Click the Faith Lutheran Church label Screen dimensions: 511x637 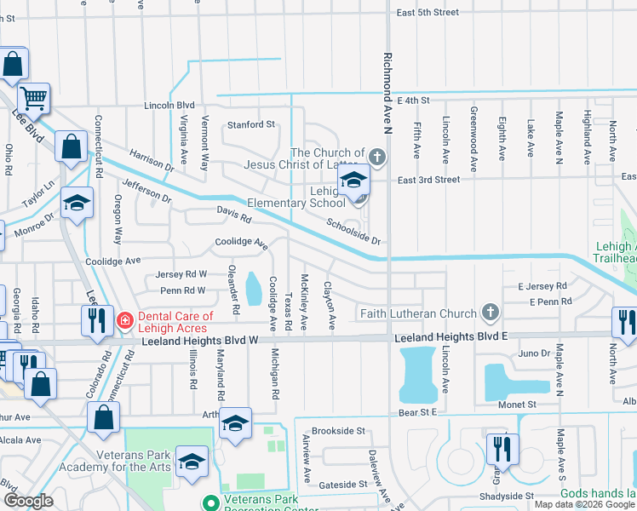coord(417,313)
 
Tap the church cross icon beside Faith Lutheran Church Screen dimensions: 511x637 coord(490,313)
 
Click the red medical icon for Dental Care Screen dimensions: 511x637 coord(124,320)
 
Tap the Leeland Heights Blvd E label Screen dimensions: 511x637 coord(450,337)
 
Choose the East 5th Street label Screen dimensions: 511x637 coord(428,13)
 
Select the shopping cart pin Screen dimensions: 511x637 coord(34,99)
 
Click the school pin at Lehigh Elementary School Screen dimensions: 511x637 coord(353,181)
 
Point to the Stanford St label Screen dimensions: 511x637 coord(250,124)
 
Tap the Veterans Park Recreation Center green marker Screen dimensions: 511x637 coord(209,500)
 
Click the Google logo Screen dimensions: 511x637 coord(28,501)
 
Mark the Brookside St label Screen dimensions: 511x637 coord(337,432)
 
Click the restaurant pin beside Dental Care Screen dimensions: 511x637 coord(95,320)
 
